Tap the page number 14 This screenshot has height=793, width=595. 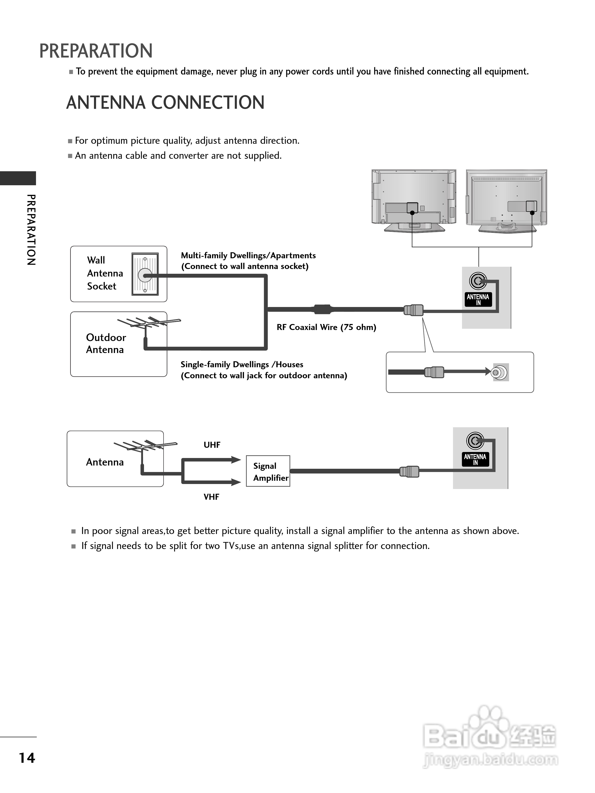[x=27, y=757]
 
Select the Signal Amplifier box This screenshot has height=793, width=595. [x=268, y=471]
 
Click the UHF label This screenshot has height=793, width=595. [x=212, y=445]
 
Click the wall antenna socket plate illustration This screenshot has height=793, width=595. [x=145, y=274]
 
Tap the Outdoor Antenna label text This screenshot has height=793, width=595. [x=106, y=343]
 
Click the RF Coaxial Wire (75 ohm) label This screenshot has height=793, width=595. [x=326, y=327]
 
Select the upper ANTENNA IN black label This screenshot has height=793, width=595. [x=478, y=299]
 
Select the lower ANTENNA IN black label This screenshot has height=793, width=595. [x=475, y=459]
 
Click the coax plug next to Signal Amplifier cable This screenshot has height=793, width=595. [x=409, y=471]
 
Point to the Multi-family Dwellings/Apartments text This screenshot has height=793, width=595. [x=248, y=255]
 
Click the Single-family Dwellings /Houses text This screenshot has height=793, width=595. [x=241, y=364]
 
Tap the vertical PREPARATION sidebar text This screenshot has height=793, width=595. [x=31, y=230]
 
